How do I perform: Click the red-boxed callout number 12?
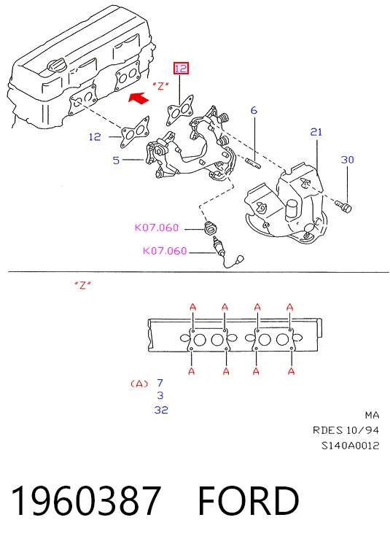[181, 68]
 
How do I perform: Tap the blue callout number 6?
[254, 111]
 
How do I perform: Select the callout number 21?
[316, 132]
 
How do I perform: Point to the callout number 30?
[348, 160]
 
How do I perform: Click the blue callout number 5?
[116, 160]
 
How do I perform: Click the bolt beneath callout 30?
[343, 206]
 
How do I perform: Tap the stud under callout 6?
[253, 163]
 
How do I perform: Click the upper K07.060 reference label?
[157, 228]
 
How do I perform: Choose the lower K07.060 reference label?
[165, 251]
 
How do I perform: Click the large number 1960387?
[86, 500]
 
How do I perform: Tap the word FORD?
[249, 500]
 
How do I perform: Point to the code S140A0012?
[350, 446]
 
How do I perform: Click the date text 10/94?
[363, 430]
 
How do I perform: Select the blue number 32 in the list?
[161, 410]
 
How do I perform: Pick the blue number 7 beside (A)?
[160, 383]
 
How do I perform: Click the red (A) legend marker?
[139, 384]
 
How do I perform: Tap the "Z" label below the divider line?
[82, 285]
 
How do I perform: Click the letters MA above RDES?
[372, 415]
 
